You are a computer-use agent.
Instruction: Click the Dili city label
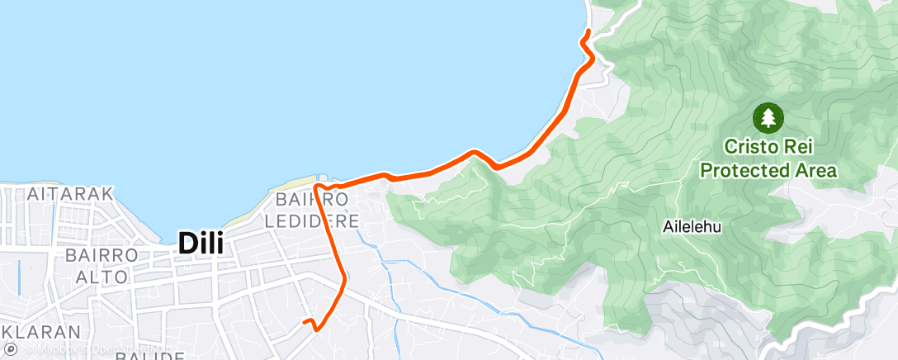pos(203,244)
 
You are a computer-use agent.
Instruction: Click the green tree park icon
pos(768,117)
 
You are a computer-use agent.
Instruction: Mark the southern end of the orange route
pos(304,322)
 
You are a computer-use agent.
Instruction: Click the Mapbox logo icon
pos(11,350)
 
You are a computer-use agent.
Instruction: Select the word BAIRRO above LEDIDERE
pos(311,200)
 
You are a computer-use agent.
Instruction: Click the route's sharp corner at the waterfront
pos(315,189)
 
